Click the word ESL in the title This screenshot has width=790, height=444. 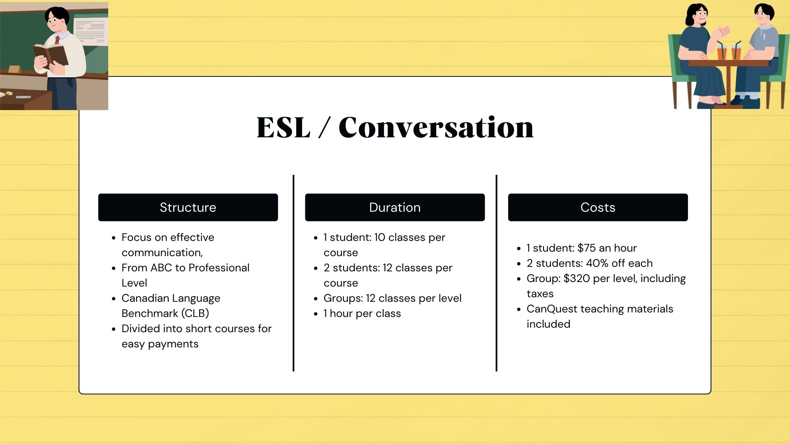tap(283, 127)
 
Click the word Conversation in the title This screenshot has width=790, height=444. tap(436, 127)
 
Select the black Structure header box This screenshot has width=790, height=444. tap(188, 207)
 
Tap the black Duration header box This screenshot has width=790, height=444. tap(395, 207)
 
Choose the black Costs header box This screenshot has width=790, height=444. tap(598, 207)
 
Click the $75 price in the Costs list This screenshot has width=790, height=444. tap(586, 248)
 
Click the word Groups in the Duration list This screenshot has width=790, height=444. tap(343, 298)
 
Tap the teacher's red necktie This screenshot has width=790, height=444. tap(57, 40)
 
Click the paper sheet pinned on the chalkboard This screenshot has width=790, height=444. tap(91, 31)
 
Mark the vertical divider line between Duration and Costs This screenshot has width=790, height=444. tap(497, 273)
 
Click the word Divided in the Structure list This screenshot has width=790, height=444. tap(141, 328)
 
